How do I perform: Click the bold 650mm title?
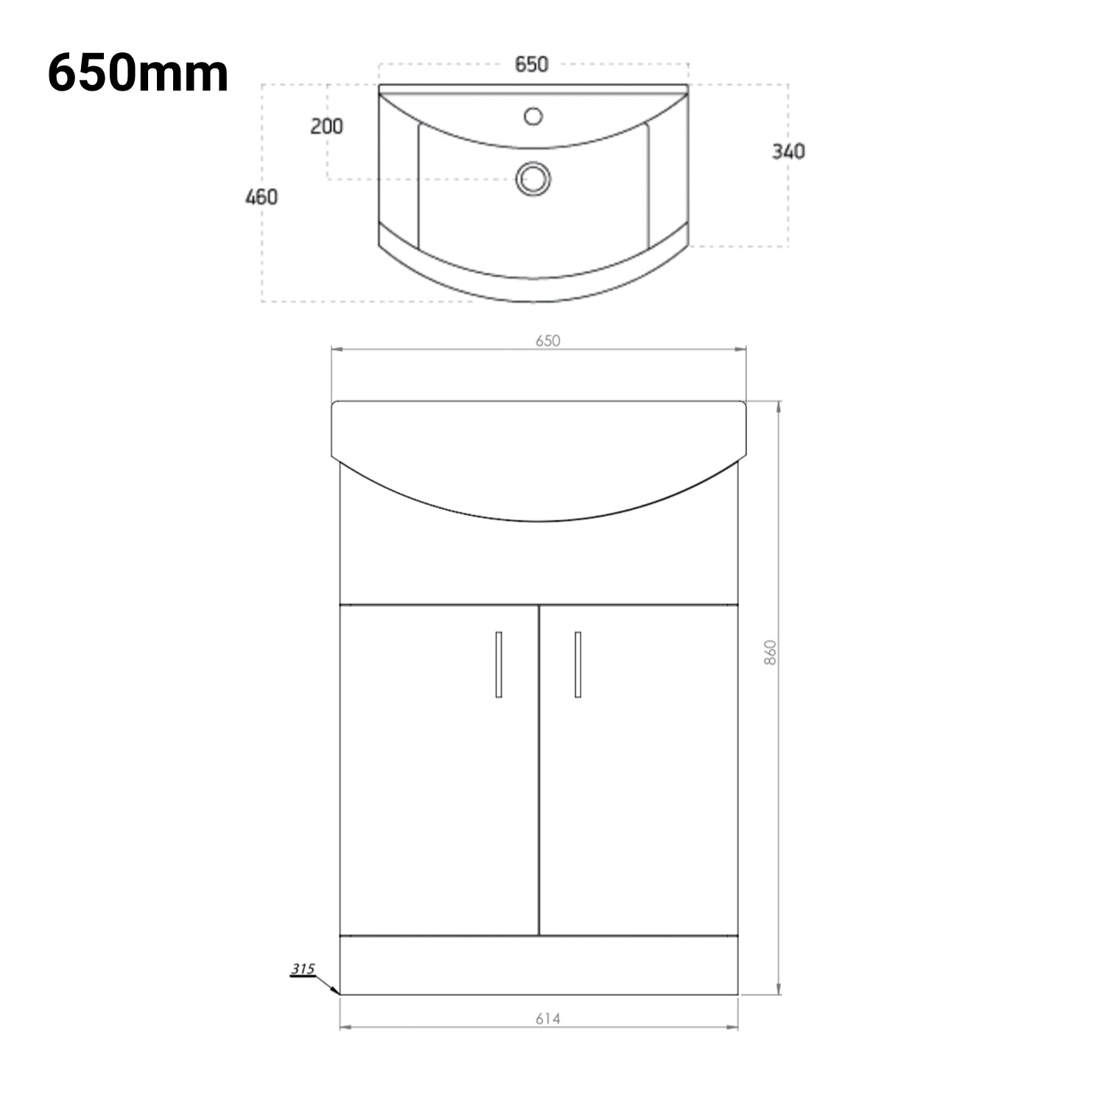pyautogui.click(x=138, y=74)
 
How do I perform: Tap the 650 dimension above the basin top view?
pyautogui.click(x=531, y=65)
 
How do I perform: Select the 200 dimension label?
pyautogui.click(x=326, y=127)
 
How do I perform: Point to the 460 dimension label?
pyautogui.click(x=262, y=197)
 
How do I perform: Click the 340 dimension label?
pyautogui.click(x=788, y=152)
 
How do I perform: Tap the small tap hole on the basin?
pyautogui.click(x=533, y=116)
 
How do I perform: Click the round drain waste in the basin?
pyautogui.click(x=533, y=179)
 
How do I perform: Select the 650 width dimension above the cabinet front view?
pyautogui.click(x=548, y=340)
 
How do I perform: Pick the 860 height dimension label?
pyautogui.click(x=771, y=653)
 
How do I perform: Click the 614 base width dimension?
pyautogui.click(x=548, y=1019)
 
